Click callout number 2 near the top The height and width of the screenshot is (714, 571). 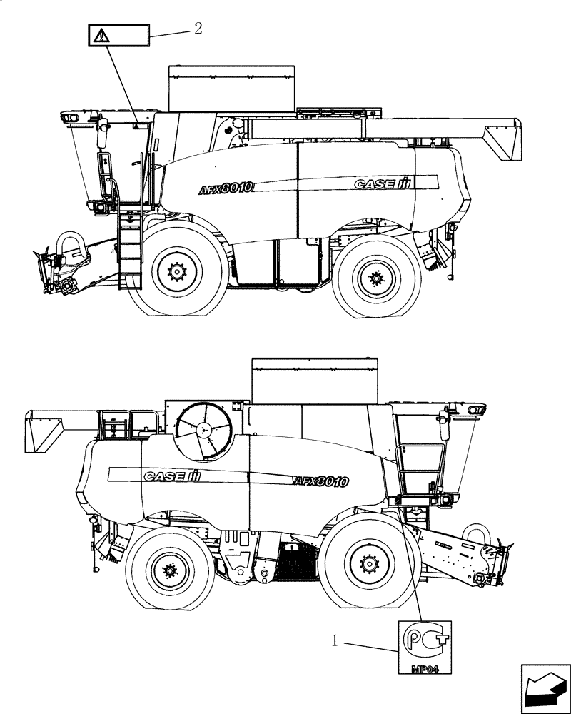coord(198,28)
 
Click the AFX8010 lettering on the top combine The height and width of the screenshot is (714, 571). coord(226,188)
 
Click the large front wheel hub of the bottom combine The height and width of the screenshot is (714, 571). coord(368,564)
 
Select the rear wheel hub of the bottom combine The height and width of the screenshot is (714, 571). coord(170,570)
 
